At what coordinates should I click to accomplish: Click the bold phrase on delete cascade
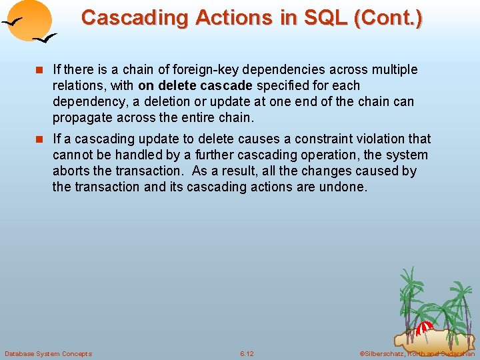195,85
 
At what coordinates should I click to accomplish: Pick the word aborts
70,171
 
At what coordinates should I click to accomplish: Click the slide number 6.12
247,353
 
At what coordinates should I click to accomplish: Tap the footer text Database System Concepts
48,353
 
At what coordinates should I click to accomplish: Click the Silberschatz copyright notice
417,353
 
